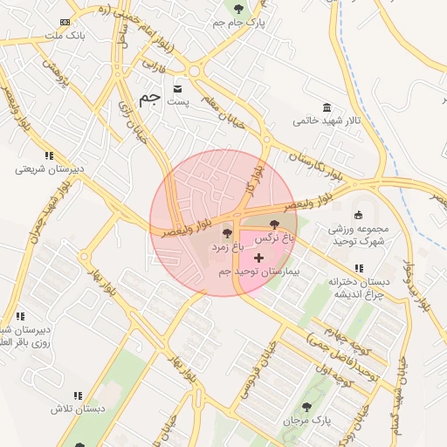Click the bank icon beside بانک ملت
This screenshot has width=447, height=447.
65,22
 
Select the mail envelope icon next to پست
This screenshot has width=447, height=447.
178,89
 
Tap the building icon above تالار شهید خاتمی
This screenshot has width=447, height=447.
327,107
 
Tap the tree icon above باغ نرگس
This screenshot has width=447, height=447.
276,225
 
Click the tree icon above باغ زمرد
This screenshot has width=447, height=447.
228,233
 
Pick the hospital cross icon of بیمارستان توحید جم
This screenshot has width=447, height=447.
258,258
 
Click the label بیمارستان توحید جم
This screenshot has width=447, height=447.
258,272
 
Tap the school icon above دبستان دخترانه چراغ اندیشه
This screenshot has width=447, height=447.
358,268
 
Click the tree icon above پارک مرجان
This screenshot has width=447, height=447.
306,407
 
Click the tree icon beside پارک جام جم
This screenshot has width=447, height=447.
238,9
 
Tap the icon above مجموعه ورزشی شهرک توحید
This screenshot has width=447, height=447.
358,216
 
